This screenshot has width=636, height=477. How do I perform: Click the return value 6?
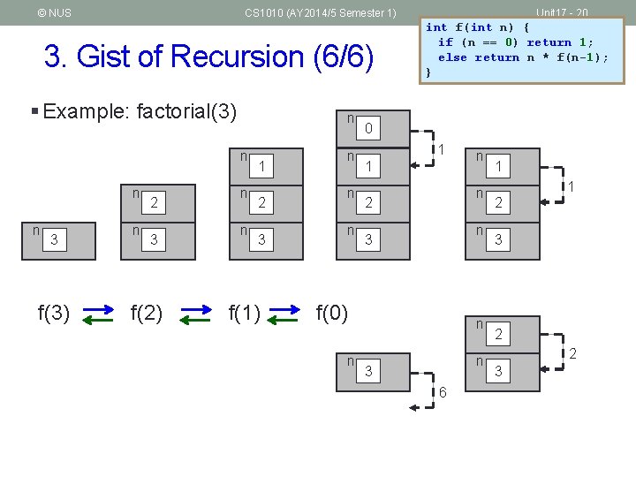443,391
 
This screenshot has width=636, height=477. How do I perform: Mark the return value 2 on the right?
572,354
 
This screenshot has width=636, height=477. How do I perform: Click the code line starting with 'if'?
516,42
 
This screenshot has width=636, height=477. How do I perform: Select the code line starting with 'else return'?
523,57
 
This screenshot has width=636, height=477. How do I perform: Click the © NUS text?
55,13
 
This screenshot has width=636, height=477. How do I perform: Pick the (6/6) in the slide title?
340,57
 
